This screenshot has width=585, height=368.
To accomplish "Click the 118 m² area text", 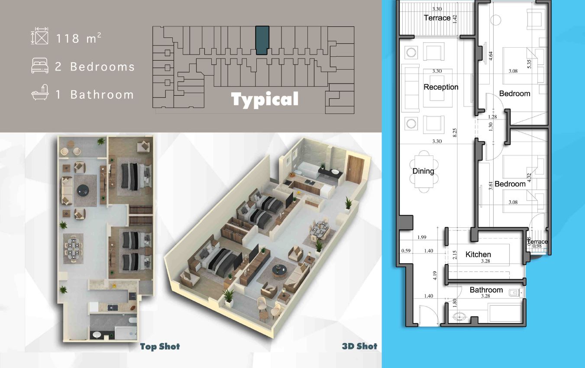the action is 79,38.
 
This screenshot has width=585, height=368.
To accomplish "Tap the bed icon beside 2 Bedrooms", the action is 40,65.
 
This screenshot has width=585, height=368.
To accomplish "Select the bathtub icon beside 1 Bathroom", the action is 40,92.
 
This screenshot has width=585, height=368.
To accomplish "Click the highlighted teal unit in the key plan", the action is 262,40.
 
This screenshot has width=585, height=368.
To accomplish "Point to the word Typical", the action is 265,100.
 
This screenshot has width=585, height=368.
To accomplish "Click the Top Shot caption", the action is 160,347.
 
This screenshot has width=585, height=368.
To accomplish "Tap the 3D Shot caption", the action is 359,346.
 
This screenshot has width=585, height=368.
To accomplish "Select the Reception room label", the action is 441,87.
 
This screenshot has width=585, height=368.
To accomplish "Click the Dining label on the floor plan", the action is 423,171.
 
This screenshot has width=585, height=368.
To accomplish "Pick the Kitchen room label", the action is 478,255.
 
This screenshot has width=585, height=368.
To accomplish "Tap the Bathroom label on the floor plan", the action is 486,290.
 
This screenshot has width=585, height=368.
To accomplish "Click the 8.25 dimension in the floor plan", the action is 455,132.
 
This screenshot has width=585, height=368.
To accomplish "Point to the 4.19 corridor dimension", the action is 435,275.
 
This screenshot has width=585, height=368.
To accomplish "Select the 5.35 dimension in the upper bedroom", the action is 529,64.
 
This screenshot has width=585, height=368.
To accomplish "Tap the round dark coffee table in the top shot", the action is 83,190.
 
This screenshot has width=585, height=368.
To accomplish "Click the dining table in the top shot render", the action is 73,249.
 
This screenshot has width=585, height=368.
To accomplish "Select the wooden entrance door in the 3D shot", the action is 355,170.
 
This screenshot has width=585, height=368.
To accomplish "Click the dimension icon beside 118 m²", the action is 39,36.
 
